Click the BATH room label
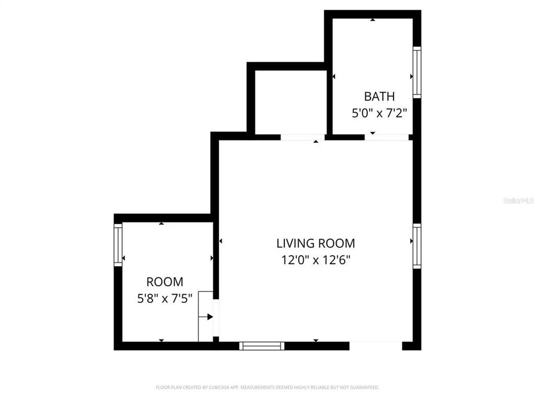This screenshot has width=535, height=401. (379, 96)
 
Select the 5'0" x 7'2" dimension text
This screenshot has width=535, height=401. (379, 113)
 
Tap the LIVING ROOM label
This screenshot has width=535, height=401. (315, 243)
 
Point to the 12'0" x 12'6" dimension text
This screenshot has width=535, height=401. (315, 260)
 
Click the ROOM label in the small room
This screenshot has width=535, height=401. (164, 282)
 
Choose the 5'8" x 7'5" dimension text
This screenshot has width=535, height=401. (164, 299)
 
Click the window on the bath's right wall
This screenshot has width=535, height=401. (416, 72)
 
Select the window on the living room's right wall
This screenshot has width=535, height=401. (416, 246)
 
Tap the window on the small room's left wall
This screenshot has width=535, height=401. (118, 244)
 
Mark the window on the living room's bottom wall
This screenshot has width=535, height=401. (261, 346)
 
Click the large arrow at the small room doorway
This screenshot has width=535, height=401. (210, 316)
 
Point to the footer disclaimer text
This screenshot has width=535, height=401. (267, 387)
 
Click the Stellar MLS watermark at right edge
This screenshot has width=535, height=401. (518, 200)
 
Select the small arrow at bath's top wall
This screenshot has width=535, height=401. (372, 20)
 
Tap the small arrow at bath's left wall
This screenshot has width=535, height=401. (334, 76)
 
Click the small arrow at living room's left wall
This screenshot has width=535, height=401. (221, 241)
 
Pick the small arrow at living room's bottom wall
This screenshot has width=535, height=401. (315, 340)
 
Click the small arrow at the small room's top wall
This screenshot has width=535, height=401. (162, 223)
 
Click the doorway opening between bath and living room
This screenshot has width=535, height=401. (387, 137)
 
